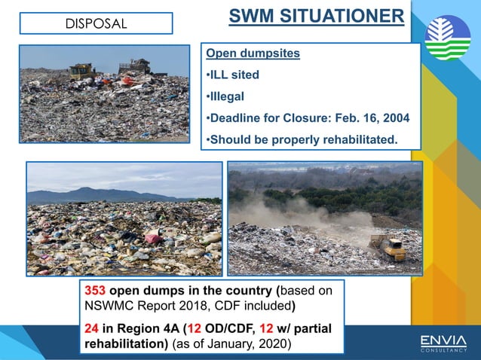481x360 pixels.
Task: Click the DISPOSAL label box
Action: pyautogui.click(x=96, y=23)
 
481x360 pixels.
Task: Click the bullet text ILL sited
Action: pyautogui.click(x=234, y=75)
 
